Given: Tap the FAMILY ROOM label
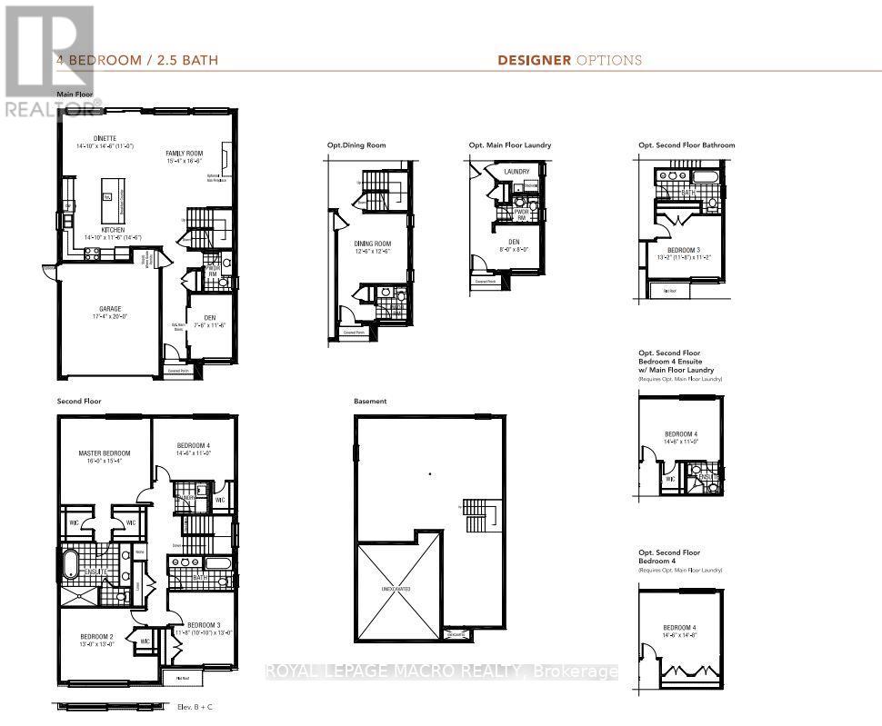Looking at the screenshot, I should [x=184, y=154].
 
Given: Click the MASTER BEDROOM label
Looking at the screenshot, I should [x=105, y=453].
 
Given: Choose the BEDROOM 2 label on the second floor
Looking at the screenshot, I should [x=95, y=636].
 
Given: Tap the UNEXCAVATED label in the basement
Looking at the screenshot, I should [x=395, y=589].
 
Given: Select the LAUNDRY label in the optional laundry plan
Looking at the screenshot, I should [x=516, y=171].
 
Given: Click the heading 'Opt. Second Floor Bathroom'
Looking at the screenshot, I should [x=685, y=145].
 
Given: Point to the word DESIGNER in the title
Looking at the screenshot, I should [x=534, y=61].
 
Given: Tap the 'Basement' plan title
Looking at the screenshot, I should [x=370, y=401].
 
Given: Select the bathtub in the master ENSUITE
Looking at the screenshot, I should [x=69, y=563].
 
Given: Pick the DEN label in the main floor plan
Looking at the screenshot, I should [x=209, y=317].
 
